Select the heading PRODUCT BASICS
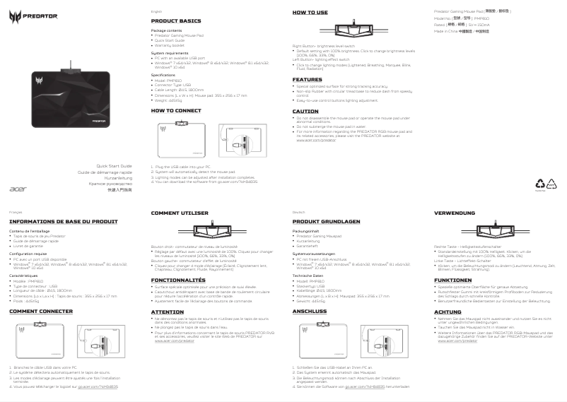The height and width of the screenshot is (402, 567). pos(176,22)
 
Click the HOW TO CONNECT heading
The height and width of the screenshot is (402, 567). pos(176,111)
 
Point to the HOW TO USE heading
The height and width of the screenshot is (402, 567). pos(310,13)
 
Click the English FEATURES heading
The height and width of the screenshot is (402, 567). pos(307,80)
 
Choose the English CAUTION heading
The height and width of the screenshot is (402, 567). pos(305,111)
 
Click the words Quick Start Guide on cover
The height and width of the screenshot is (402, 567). pos(114,165)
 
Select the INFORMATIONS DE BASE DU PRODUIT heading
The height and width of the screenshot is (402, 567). pos(63,221)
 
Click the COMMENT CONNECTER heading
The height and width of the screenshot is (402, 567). pos(40,311)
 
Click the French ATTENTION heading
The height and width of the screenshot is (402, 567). pos(168,311)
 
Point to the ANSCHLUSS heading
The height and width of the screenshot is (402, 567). pos(309,311)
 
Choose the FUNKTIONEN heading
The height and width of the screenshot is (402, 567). pos(452,280)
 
